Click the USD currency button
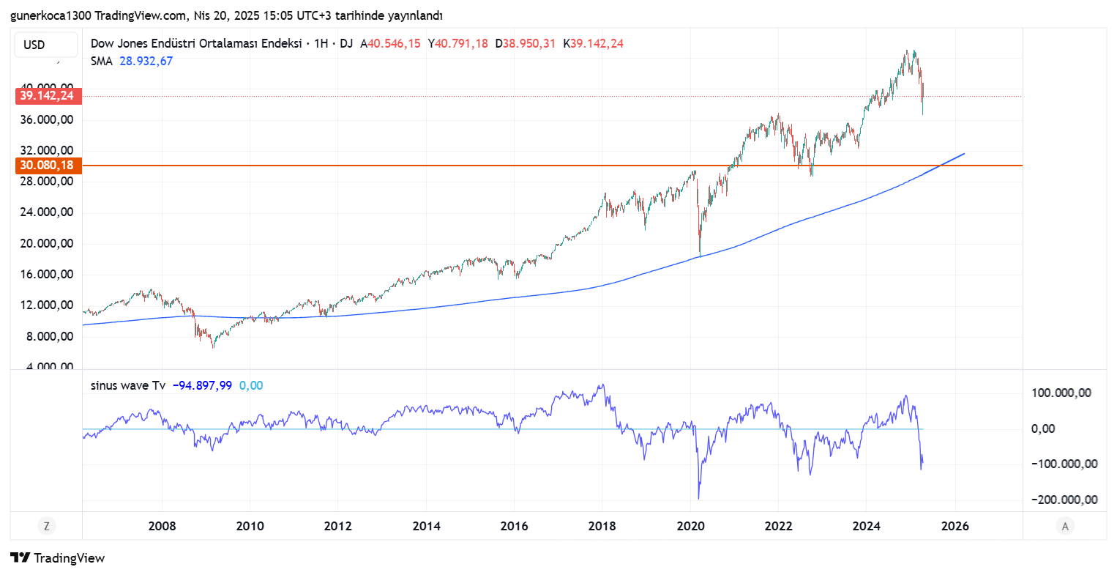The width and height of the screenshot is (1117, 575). [45, 45]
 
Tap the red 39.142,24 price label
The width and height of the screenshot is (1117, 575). [47, 96]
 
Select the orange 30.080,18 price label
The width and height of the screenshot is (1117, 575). [47, 166]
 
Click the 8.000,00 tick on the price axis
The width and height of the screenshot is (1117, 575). [50, 337]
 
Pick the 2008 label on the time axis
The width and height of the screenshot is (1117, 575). [162, 526]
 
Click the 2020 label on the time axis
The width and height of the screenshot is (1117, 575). [690, 526]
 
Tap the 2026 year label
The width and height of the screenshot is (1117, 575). [955, 526]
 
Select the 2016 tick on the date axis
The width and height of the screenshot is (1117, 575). [514, 526]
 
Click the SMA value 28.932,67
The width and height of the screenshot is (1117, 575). [146, 62]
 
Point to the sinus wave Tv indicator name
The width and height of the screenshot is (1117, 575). [128, 385]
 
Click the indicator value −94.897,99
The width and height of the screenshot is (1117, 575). [202, 385]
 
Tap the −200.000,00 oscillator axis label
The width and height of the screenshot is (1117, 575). [1064, 500]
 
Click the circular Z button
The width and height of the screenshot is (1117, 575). [47, 526]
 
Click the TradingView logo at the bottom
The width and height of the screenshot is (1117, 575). [59, 558]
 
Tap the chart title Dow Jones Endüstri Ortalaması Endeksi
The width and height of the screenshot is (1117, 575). [196, 43]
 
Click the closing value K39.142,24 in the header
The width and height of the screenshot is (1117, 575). [593, 43]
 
